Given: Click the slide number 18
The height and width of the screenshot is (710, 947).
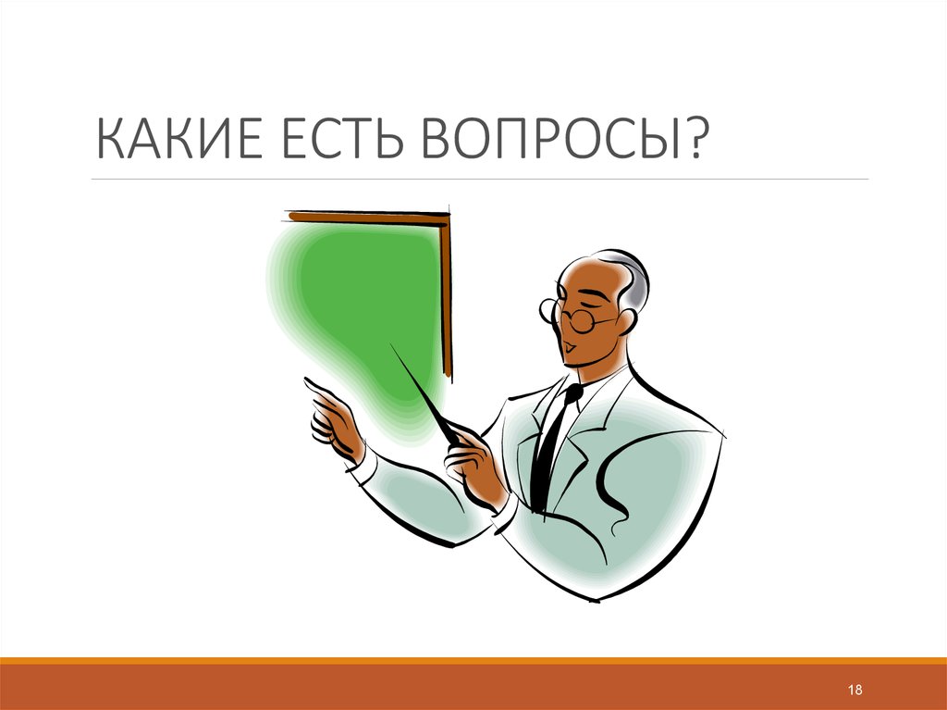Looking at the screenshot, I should (x=855, y=691).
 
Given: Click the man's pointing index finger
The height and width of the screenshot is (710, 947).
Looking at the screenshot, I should (x=314, y=386).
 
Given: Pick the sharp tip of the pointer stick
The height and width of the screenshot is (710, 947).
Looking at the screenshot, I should (x=392, y=346).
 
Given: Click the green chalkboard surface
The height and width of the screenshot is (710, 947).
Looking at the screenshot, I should (x=361, y=287).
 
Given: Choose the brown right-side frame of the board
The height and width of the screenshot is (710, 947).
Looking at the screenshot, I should (x=447, y=296).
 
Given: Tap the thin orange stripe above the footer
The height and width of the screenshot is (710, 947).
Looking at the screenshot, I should (x=473, y=660).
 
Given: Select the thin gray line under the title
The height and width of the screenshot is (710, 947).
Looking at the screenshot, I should (x=481, y=179).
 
